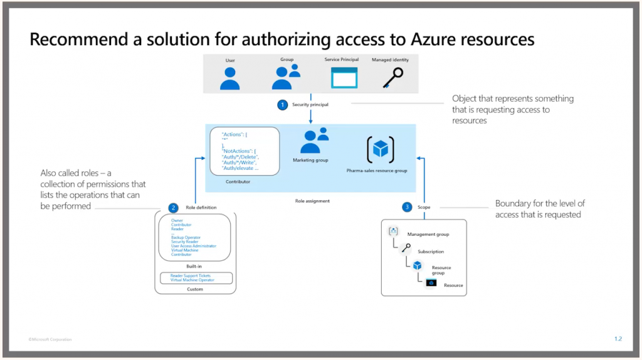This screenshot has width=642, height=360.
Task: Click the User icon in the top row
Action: [x=230, y=78]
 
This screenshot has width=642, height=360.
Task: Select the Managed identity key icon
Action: [x=392, y=77]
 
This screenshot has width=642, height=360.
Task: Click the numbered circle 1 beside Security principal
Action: [x=282, y=105]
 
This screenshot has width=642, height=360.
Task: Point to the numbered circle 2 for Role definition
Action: [x=173, y=208]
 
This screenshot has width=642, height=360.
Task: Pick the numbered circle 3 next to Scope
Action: [x=408, y=207]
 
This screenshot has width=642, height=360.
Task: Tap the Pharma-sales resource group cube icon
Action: [x=380, y=149]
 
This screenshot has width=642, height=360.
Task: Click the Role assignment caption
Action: [x=312, y=201]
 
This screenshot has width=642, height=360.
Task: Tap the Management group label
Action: [x=428, y=235]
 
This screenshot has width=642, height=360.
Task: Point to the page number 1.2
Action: [x=618, y=339]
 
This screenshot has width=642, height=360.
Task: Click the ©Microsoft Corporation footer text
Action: [x=50, y=339]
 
